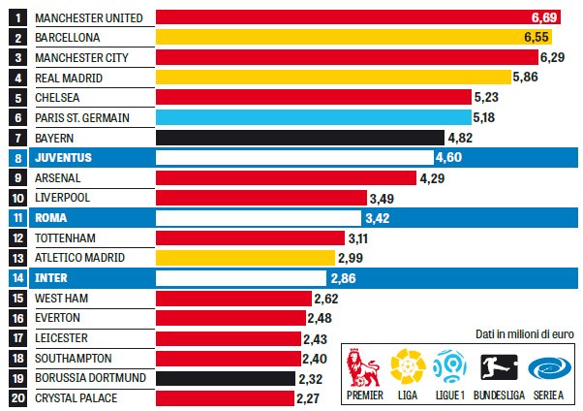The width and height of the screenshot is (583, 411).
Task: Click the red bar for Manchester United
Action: click(349, 17)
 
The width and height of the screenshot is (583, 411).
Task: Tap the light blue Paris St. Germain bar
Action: click(310, 117)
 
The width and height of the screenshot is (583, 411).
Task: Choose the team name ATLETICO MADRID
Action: click(77, 258)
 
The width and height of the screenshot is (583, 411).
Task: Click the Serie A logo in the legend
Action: click(546, 368)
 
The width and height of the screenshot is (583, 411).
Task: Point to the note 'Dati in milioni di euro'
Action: click(524, 333)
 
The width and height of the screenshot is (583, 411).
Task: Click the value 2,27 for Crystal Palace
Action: click(312, 397)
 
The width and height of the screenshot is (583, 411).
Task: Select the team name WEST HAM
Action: click(62, 298)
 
